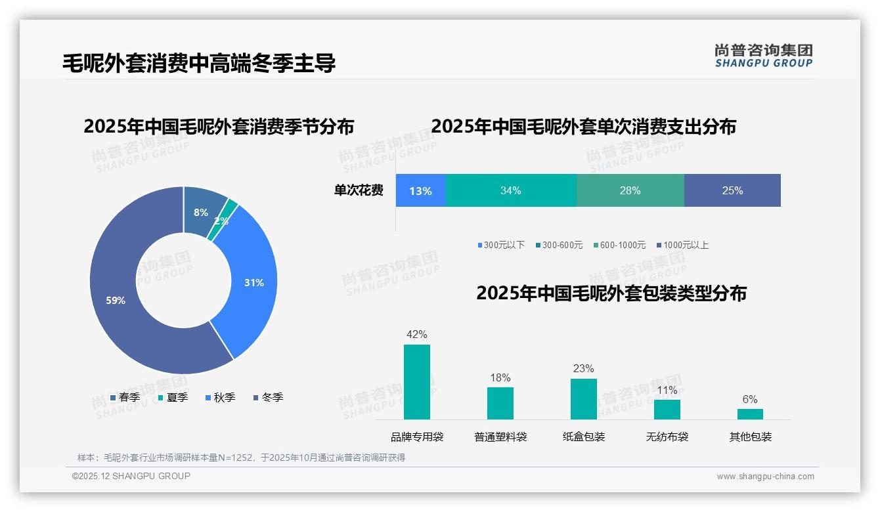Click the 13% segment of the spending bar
[420, 190]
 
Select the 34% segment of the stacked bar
[511, 190]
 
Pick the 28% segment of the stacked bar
[630, 190]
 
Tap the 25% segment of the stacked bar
[732, 190]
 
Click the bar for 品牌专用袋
[417, 382]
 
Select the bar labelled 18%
[500, 403]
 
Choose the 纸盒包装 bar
[584, 399]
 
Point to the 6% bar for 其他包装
[750, 414]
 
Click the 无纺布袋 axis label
[667, 437]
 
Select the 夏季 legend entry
[173, 397]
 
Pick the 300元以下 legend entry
[501, 245]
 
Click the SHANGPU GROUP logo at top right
[763, 55]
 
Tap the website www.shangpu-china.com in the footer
[765, 476]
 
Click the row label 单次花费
[359, 190]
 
